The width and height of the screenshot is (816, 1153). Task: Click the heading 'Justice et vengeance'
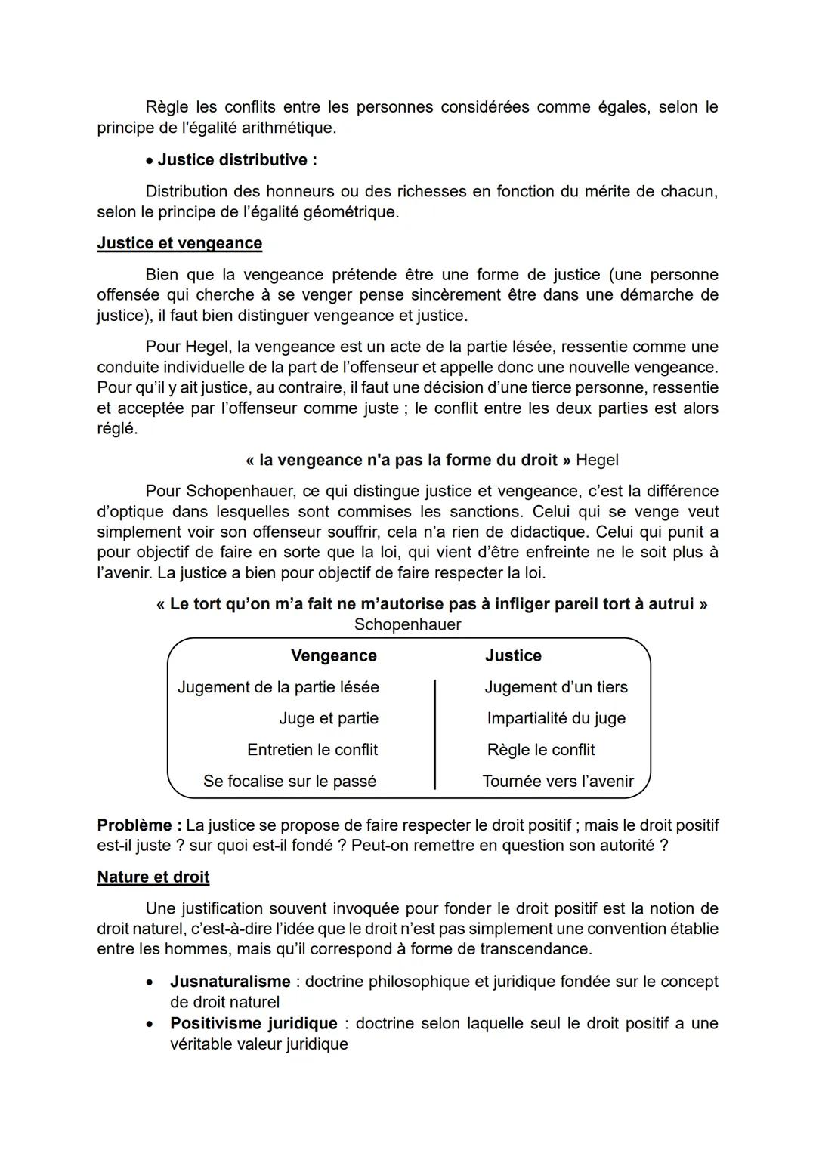click(179, 243)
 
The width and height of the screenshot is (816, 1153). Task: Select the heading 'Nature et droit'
click(153, 877)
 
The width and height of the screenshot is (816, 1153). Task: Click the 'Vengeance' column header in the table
click(333, 655)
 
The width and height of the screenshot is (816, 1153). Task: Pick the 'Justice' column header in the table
click(513, 655)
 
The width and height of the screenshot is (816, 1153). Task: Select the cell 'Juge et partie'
click(328, 718)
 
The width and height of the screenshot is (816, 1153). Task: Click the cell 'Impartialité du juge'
click(556, 718)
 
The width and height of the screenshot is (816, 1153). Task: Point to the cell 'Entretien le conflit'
click(312, 750)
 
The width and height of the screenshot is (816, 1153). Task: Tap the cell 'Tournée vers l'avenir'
click(558, 782)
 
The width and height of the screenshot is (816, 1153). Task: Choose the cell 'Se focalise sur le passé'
click(289, 782)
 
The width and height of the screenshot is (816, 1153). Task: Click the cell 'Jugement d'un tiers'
click(556, 687)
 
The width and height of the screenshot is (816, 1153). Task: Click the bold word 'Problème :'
click(139, 825)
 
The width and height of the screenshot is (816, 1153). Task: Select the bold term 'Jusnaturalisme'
click(230, 982)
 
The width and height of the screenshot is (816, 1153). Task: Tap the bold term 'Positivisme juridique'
click(253, 1023)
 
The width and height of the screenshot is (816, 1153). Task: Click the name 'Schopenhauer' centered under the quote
click(407, 624)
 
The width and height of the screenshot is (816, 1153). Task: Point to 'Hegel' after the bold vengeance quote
click(597, 460)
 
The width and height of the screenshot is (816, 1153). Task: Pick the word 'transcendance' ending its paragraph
click(539, 949)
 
